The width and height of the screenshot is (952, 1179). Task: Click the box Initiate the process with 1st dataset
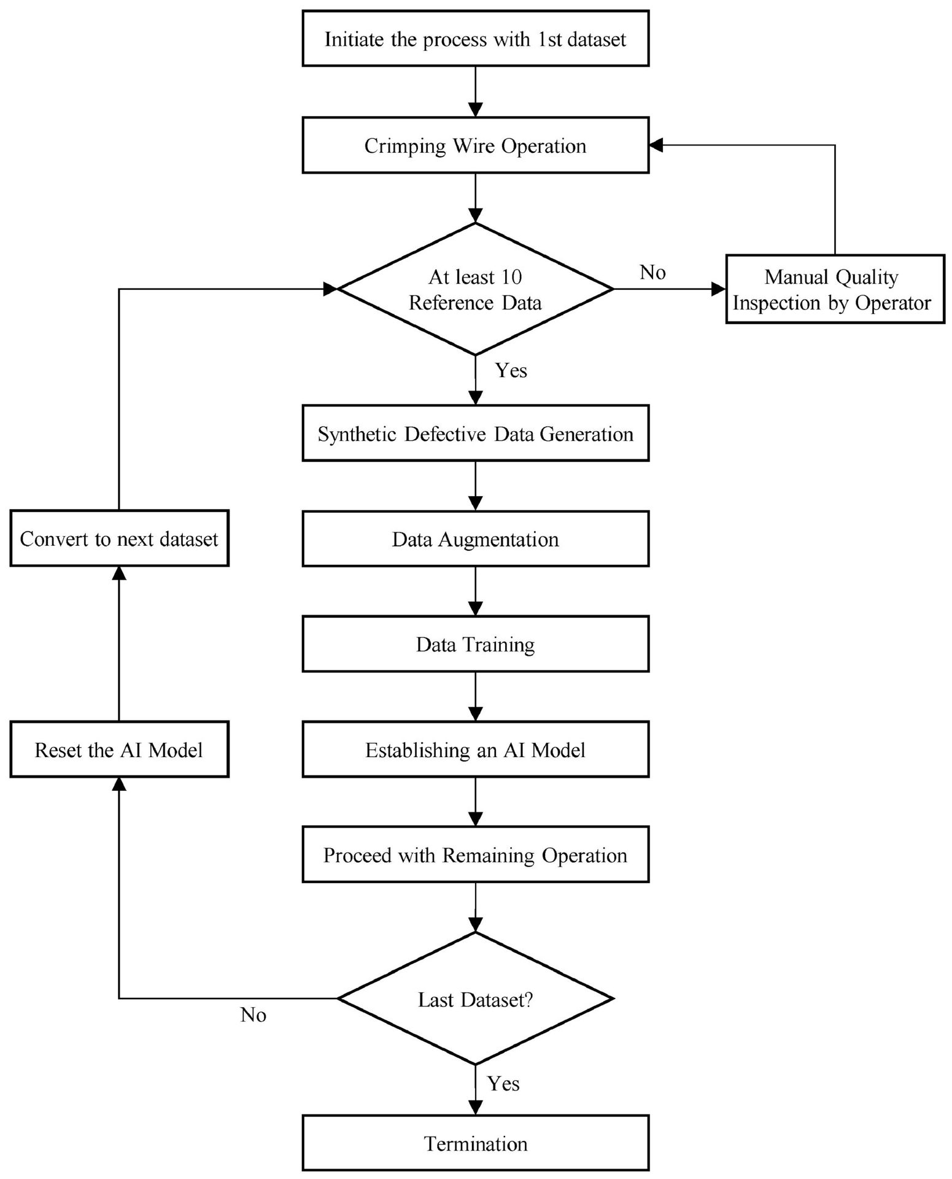coord(475,38)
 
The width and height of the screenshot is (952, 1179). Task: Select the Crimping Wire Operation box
coord(475,145)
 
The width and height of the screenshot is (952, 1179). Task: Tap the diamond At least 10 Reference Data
coord(475,289)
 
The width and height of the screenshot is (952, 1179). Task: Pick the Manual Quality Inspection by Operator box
coord(835,289)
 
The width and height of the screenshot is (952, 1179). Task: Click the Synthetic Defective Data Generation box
coord(475,433)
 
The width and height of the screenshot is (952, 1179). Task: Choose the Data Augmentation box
coord(475,539)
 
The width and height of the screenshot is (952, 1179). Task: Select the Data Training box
coord(475,644)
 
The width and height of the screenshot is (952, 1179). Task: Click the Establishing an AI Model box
coord(475,749)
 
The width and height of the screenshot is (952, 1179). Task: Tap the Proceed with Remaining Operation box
coord(475,854)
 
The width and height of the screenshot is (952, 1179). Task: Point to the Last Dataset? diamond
coord(475,998)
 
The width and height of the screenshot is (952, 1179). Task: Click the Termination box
coord(475,1143)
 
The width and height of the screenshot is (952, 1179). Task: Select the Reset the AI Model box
coord(119,749)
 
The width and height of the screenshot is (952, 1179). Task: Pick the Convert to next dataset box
coord(119,538)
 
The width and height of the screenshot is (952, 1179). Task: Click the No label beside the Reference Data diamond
coord(652,272)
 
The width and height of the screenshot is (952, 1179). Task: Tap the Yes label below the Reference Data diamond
coord(511,370)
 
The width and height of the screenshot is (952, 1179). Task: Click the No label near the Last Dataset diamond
coord(253,1015)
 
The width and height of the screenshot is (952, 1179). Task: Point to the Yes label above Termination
coord(503,1083)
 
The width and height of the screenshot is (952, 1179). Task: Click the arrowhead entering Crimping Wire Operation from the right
coord(656,145)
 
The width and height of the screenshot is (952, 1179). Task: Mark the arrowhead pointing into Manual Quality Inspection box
coord(718,289)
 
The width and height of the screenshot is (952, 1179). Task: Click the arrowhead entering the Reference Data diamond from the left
coord(330,289)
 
